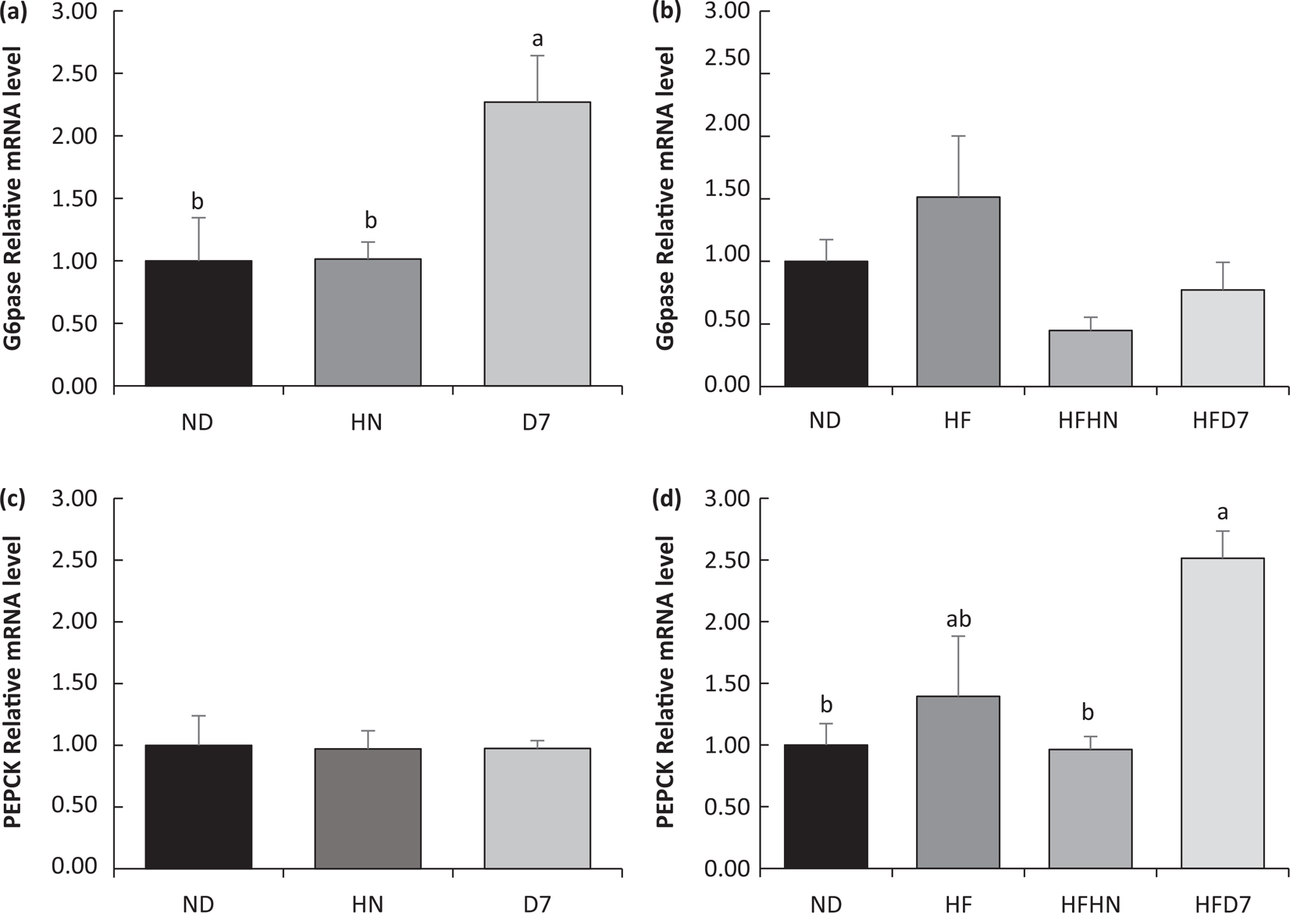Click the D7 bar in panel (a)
537,244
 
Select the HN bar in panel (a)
368,322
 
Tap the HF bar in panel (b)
958,291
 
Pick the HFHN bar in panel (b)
1090,358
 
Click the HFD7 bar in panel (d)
1222,712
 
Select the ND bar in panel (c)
198,806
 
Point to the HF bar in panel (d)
958,782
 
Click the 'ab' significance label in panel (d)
958,619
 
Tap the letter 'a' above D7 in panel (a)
537,39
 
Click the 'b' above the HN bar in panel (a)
370,221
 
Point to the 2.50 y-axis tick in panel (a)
76,74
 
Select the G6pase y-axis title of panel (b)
667,198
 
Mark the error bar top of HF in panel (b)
958,136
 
